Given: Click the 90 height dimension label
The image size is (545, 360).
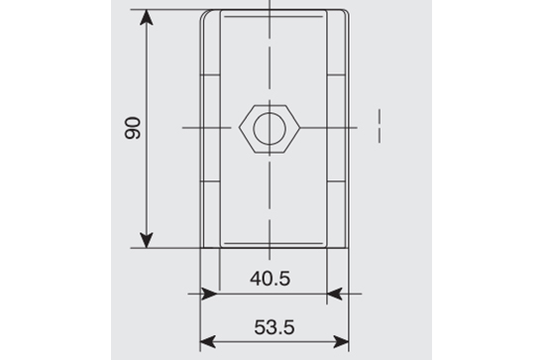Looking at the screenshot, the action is click(x=133, y=128).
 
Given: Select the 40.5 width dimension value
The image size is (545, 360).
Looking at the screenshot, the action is click(x=271, y=279).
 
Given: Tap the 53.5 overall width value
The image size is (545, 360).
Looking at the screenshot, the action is click(x=274, y=327).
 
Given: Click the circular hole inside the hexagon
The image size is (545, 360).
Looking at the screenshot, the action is click(x=270, y=129).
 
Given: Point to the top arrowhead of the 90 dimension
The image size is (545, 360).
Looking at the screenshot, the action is click(x=147, y=18).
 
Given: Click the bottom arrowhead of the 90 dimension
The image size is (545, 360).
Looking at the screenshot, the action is click(x=147, y=240).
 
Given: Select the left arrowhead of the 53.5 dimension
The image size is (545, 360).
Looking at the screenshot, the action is click(x=208, y=342).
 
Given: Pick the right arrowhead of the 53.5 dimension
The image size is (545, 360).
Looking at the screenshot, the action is click(x=341, y=342).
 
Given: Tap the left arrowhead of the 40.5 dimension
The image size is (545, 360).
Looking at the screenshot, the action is click(x=210, y=294).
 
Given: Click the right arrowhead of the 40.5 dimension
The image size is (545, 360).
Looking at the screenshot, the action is click(x=335, y=294).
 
